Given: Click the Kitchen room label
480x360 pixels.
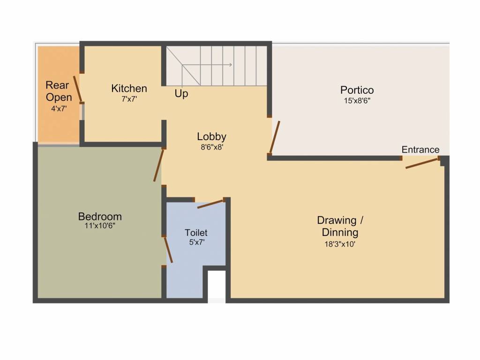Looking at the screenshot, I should tap(129, 88).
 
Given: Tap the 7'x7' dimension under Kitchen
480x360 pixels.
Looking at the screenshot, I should tap(129, 99).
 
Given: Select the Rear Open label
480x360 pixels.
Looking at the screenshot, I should tap(59, 91).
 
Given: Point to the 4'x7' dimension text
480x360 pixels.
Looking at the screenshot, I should tap(59, 108).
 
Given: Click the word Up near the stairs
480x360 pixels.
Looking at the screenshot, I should tap(181, 94).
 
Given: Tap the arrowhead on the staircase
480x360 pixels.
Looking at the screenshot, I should tap(230, 65).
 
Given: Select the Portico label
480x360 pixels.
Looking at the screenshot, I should tap(357, 90).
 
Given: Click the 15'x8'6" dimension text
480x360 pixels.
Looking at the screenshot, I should tap(357, 100).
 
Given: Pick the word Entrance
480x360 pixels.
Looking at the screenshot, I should tap(420, 150).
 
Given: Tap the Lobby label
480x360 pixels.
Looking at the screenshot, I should tap(211, 136).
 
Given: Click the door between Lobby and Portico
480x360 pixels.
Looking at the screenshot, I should tap(275, 137).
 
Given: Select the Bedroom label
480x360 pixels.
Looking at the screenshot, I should tap(100, 217).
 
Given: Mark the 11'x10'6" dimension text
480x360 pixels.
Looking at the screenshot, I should tap(100, 226).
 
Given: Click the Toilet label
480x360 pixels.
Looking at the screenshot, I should tap(196, 232).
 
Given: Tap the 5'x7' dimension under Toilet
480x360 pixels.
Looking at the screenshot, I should tap(196, 242).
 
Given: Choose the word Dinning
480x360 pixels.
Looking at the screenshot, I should tap(340, 232).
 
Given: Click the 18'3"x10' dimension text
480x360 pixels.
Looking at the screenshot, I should tap(340, 244).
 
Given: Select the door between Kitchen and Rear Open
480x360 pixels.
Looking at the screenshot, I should tap(78, 89).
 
